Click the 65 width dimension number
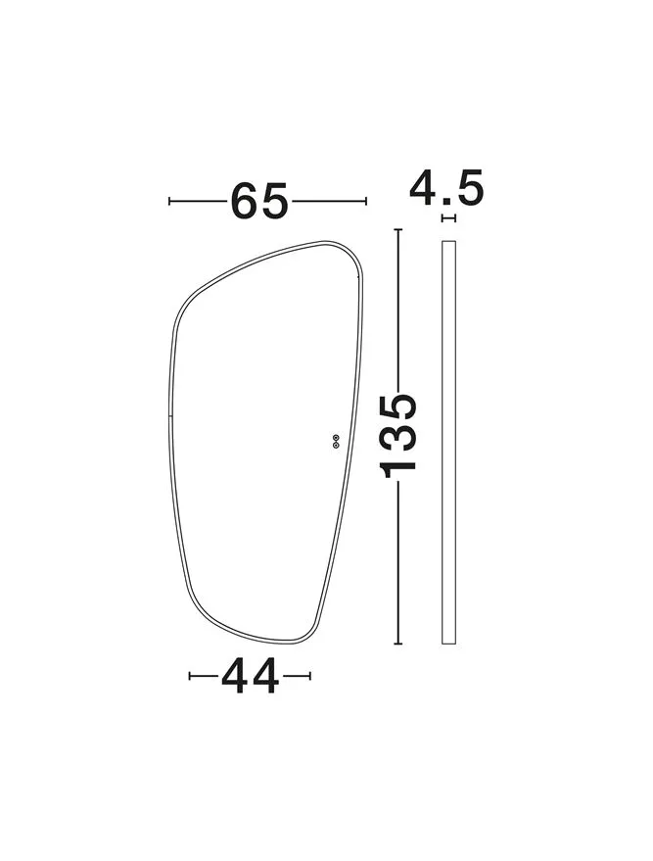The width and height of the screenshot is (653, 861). pos(259,201)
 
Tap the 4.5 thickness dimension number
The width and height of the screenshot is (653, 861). pos(446,187)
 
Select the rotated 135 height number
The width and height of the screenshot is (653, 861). pos(398,436)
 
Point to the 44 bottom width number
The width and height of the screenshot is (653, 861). pos(251,676)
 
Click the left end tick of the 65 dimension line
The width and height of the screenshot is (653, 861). pos(169,201)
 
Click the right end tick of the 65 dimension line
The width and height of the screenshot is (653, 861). pos(366,201)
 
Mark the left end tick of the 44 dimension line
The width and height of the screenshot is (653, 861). pos(190,676)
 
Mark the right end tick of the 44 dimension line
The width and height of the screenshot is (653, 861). pos(310,676)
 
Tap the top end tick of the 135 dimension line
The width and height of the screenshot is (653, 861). pos(398,229)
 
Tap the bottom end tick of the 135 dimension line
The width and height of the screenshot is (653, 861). pos(398,643)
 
